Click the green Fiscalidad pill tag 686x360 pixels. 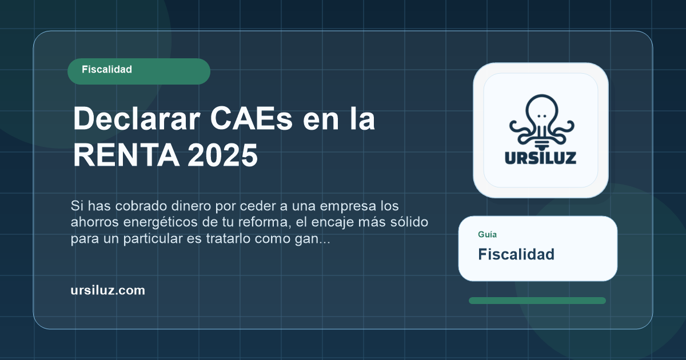pyautogui.click(x=138, y=71)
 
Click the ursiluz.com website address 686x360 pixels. pyautogui.click(x=107, y=290)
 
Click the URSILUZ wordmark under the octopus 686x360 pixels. pyautogui.click(x=540, y=157)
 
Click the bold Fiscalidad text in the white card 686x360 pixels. pyautogui.click(x=516, y=254)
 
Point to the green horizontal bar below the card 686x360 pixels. pyautogui.click(x=537, y=301)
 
